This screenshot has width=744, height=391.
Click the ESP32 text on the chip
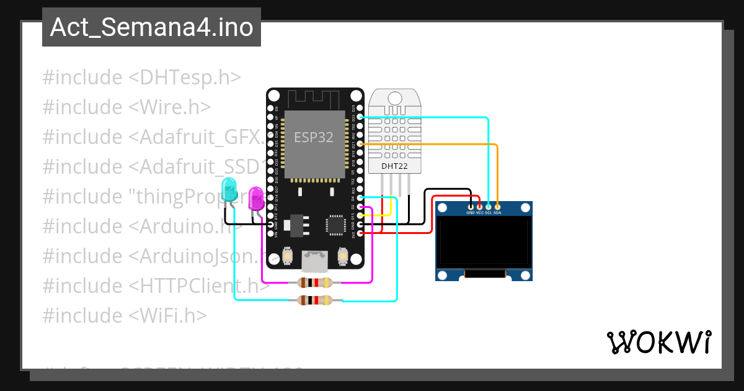click(x=313, y=138)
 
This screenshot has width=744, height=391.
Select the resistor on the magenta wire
click(x=315, y=283)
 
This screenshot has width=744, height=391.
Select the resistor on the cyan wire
click(x=315, y=301)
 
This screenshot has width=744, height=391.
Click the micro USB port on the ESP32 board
click(x=315, y=261)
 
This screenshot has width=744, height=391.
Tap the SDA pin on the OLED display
click(x=497, y=206)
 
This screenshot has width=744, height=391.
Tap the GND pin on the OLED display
click(x=471, y=206)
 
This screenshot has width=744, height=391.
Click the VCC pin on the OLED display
click(x=480, y=206)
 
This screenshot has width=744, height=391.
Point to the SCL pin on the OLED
click(x=489, y=206)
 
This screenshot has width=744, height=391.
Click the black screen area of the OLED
click(x=484, y=241)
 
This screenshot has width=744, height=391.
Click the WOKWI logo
click(x=658, y=342)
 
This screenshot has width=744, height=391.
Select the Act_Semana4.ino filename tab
click(x=151, y=27)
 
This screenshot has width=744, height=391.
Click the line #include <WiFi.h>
click(x=124, y=315)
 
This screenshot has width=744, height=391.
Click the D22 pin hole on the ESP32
click(x=360, y=117)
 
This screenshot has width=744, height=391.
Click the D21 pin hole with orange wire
click(x=360, y=144)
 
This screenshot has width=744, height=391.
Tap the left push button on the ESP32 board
click(x=288, y=255)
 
